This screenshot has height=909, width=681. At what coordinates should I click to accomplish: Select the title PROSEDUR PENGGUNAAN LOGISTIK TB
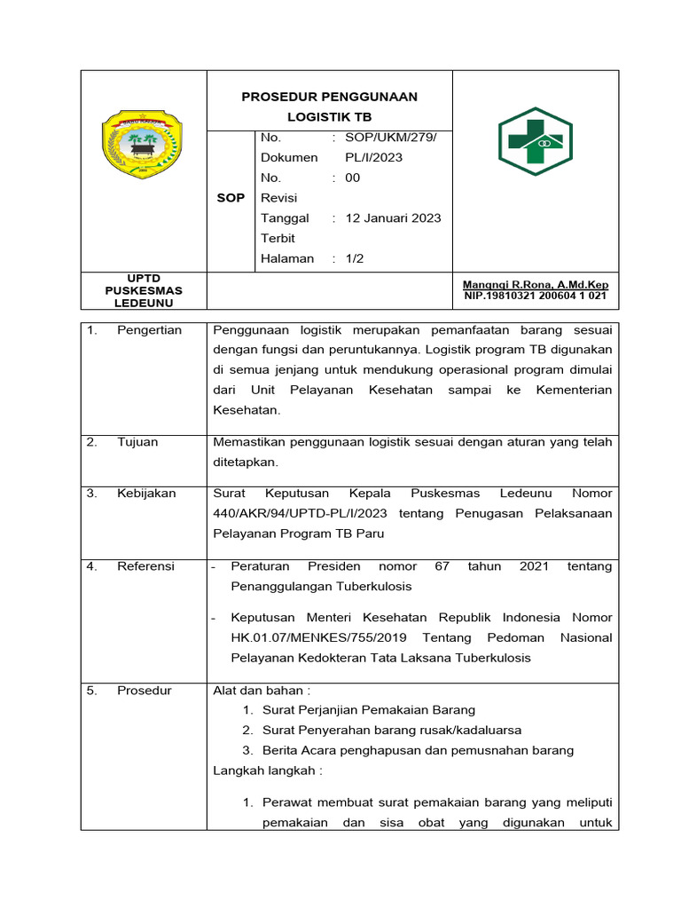[x=329, y=107]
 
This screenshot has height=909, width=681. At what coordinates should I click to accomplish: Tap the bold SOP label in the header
[x=231, y=198]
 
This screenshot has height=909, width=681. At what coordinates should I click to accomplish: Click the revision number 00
[x=353, y=178]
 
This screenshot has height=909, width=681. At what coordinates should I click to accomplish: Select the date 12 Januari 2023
[x=393, y=218]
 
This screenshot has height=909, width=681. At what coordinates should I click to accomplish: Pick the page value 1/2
[x=355, y=258]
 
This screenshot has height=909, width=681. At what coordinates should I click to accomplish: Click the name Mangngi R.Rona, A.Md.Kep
[x=536, y=285]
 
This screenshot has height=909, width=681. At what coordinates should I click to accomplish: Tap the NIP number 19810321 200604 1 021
[x=536, y=296]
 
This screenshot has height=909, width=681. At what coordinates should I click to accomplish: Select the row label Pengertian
[x=149, y=330]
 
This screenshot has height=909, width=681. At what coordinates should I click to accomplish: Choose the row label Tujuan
[x=137, y=442]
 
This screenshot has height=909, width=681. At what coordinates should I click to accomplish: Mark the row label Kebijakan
[x=146, y=494]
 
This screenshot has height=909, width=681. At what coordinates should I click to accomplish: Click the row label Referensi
[x=146, y=566]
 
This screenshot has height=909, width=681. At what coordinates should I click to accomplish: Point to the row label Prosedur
[x=145, y=691]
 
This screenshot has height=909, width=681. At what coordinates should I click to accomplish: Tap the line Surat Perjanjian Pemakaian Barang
[x=369, y=710]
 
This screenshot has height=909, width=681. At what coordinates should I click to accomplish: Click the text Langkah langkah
[x=267, y=771]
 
